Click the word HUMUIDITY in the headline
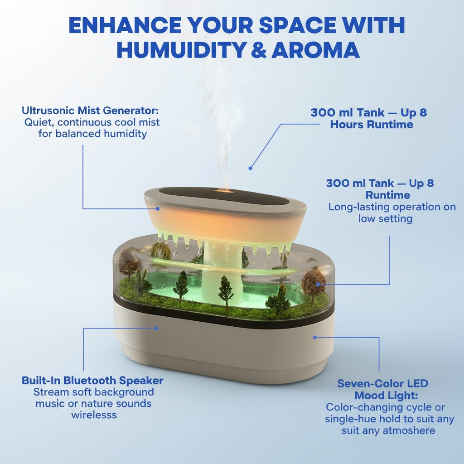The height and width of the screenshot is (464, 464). coord(182,50)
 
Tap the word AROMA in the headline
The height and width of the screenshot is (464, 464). coord(315,50)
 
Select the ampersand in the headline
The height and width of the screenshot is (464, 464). coord(259,50)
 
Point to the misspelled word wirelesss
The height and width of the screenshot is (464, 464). coord(94,415)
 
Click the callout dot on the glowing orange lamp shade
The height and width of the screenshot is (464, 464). coord(158,208)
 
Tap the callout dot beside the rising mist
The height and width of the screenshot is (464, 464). coord(250,169)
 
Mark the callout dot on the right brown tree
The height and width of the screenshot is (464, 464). coord(318,285)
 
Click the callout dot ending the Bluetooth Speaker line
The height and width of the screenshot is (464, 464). coord(156,328)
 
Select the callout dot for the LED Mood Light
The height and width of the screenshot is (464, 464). coord(315,337)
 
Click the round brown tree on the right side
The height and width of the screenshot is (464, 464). coord(313,282)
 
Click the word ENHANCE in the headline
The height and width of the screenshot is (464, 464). coord(125,25)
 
